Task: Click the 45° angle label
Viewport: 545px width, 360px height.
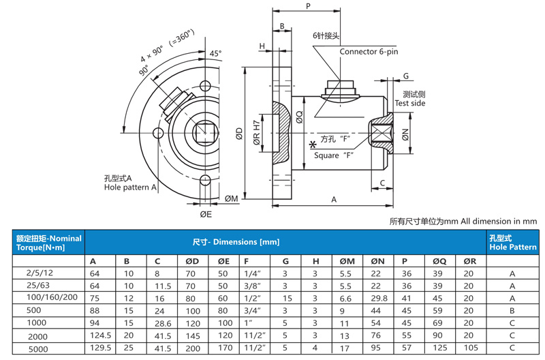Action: coord(215,53)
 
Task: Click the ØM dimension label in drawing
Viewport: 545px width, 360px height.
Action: coord(232,198)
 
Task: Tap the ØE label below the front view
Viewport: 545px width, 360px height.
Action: coord(206,214)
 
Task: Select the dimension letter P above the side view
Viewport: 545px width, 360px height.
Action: coord(308,5)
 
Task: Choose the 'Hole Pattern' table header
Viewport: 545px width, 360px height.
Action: coord(512,242)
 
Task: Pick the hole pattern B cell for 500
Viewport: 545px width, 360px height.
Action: coord(512,311)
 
